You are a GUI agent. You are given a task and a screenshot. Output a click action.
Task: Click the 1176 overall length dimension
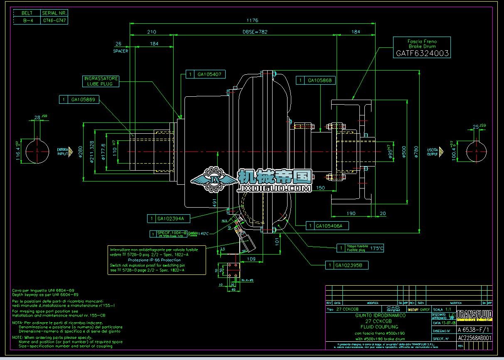pyautogui.click(x=252, y=20)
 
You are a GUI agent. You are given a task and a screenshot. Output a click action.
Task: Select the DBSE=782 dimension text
pyautogui.click(x=255, y=32)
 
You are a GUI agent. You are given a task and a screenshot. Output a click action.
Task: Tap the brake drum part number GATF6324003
pyautogui.click(x=422, y=53)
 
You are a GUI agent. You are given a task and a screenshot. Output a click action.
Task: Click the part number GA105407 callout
pyautogui.click(x=209, y=74)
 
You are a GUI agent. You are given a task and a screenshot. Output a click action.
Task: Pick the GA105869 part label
pyautogui.click(x=83, y=100)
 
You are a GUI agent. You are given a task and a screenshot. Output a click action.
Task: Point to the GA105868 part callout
pyautogui.click(x=320, y=80)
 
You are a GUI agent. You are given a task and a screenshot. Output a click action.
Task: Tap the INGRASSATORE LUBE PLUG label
pyautogui.click(x=101, y=81)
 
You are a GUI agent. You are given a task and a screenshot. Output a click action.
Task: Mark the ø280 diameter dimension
pyautogui.click(x=80, y=152)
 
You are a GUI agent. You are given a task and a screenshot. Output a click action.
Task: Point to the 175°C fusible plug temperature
pyautogui.click(x=377, y=249)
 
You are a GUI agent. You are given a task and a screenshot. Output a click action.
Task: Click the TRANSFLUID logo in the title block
pyautogui.click(x=474, y=315)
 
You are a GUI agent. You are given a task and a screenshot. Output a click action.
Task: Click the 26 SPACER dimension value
pyautogui.click(x=118, y=44)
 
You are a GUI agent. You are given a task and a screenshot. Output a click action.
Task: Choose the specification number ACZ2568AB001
pyautogui.click(x=474, y=338)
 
